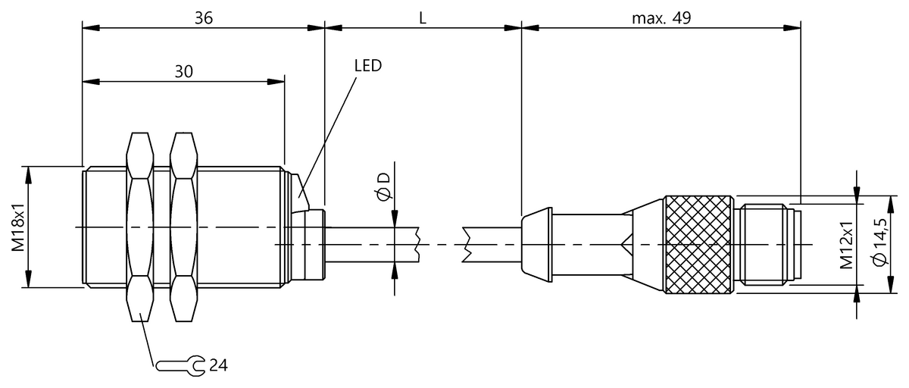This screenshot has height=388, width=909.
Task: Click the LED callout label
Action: pos(368,64)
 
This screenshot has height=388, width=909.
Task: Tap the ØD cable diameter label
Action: pos(383,186)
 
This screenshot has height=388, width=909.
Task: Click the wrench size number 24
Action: pos(217,365)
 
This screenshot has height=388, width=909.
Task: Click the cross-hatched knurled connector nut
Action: pos(698,244)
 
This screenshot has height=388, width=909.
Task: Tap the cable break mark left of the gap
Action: pos(417,244)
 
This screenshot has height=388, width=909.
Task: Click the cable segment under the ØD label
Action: pos(371,244)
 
